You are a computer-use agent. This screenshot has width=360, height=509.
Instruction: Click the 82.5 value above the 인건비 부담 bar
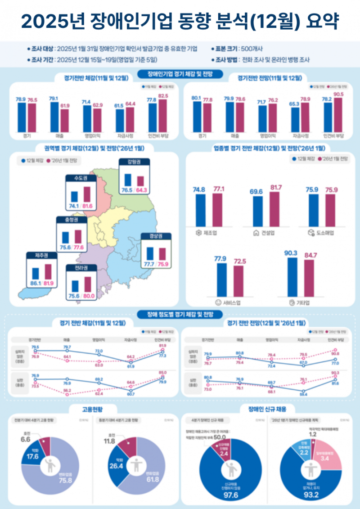coord(163,96)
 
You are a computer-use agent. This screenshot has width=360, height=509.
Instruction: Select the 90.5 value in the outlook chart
coord(338,94)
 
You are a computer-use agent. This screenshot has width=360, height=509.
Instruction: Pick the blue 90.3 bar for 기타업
coord(291,276)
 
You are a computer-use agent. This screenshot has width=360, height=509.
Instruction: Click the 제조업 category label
coord(210,233)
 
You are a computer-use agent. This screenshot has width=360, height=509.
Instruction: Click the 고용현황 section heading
coord(92,409)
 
